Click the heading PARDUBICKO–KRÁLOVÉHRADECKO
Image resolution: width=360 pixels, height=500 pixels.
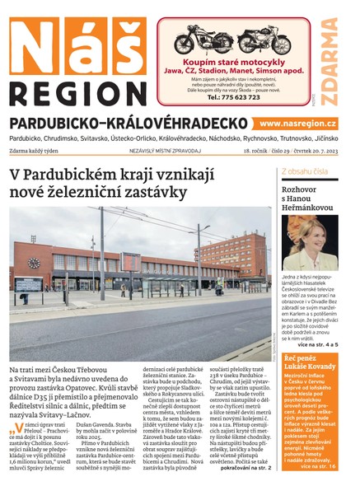coord(129,123)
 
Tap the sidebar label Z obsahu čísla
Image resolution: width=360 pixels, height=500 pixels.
coord(305,172)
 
